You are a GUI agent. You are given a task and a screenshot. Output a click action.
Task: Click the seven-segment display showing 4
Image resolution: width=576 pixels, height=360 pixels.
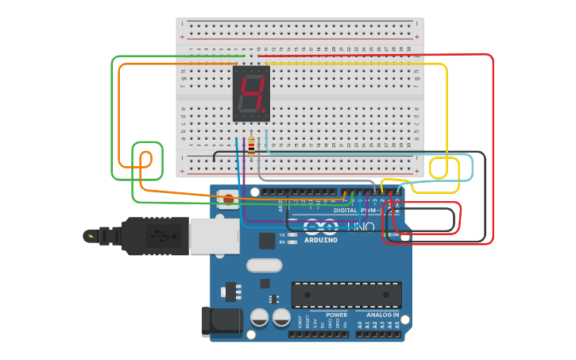click(251, 93)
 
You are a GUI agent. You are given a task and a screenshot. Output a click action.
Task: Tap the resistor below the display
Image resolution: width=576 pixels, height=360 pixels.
click(252, 145)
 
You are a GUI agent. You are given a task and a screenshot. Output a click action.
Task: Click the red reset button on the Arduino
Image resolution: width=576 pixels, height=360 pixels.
click(228, 199)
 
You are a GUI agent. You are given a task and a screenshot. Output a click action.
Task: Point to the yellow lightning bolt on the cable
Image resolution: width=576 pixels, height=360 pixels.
click(91, 236)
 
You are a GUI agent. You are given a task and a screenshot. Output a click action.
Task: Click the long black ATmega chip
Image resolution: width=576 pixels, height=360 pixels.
click(346, 294)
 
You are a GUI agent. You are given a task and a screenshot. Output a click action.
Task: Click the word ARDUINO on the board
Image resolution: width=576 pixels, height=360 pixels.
click(320, 240)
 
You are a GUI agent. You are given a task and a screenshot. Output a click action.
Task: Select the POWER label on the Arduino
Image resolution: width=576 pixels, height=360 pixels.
click(336, 315)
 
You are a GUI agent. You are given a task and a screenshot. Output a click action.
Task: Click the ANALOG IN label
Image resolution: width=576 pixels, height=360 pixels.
click(382, 315)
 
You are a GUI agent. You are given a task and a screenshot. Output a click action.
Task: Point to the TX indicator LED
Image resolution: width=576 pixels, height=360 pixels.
click(292, 235)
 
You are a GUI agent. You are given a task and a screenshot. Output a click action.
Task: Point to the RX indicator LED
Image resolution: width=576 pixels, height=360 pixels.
click(292, 242)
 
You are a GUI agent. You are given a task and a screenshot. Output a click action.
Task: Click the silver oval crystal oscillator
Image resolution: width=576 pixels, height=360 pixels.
click(264, 265)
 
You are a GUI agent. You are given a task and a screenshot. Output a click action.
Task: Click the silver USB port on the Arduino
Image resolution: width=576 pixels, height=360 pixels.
click(214, 236)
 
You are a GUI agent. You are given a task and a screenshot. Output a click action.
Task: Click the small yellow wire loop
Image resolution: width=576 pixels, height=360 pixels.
click(439, 168)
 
